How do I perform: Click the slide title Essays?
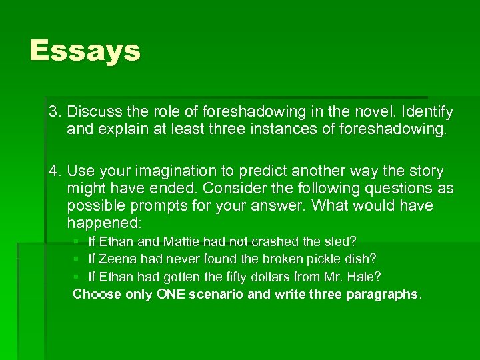[x=85, y=51]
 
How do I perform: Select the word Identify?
[x=427, y=111]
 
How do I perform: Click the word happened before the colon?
[x=99, y=222]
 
